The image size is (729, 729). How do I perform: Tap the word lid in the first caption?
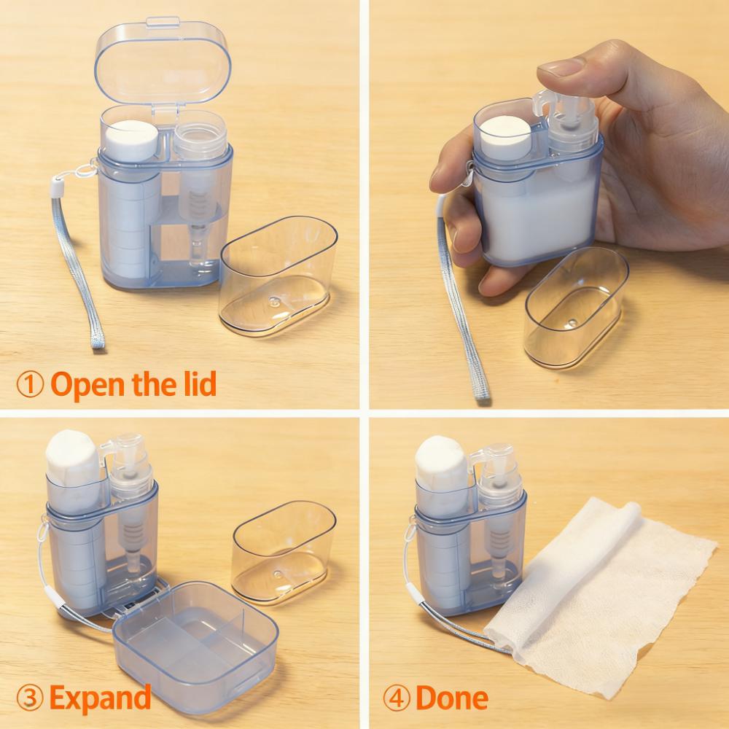click(198, 383)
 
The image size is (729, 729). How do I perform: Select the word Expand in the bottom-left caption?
click(100, 698)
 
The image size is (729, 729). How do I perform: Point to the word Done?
click(451, 698)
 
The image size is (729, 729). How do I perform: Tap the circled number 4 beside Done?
click(397, 698)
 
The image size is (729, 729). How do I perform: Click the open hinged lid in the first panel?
click(163, 66)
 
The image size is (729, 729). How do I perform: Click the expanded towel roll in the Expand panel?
click(71, 459)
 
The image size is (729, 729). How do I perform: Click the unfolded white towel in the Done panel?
click(605, 583)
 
